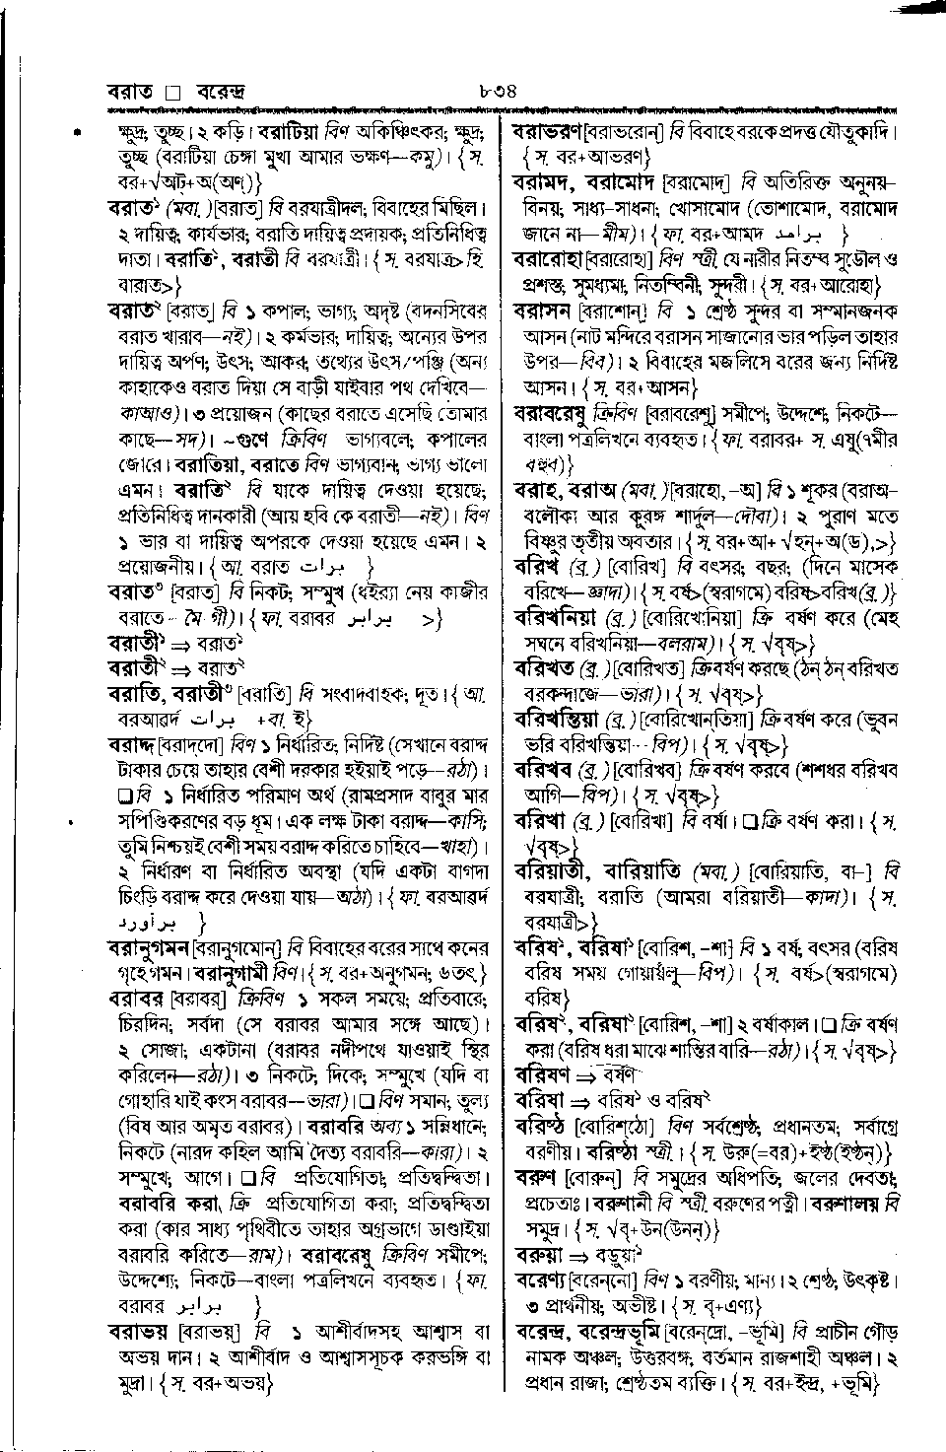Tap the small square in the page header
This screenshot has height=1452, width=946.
pyautogui.click(x=173, y=95)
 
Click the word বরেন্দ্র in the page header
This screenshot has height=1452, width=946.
pyautogui.click(x=220, y=95)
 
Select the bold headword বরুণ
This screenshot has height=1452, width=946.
pyautogui.click(x=536, y=1177)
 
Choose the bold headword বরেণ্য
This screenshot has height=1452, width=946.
pyautogui.click(x=539, y=1280)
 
